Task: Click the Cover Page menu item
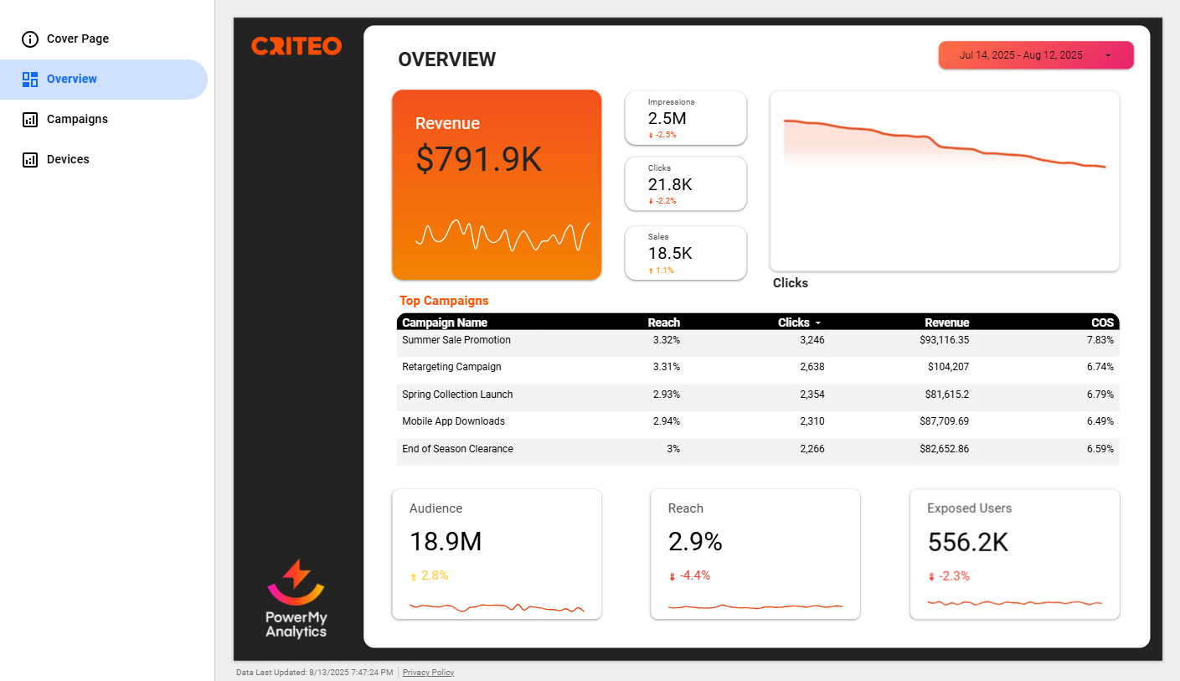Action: tap(77, 39)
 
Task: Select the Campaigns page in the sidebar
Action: tap(77, 120)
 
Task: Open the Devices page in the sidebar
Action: tap(68, 160)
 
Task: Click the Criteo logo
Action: tap(296, 46)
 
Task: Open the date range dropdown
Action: tap(1035, 55)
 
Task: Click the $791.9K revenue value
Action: tap(479, 160)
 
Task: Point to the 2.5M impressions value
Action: tap(667, 119)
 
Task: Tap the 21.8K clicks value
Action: tap(670, 185)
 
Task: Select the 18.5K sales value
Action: tap(670, 254)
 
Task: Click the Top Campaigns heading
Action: tap(444, 301)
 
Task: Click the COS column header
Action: tap(1102, 322)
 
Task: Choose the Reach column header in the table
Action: tap(663, 322)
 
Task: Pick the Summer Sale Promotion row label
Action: tap(456, 341)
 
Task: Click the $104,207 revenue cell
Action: tap(948, 367)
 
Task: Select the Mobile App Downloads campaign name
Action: tap(453, 421)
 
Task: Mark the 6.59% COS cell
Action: tap(1100, 449)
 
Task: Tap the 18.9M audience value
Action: tap(446, 542)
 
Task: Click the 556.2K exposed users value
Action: tap(967, 543)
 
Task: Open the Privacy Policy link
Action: tap(428, 673)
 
